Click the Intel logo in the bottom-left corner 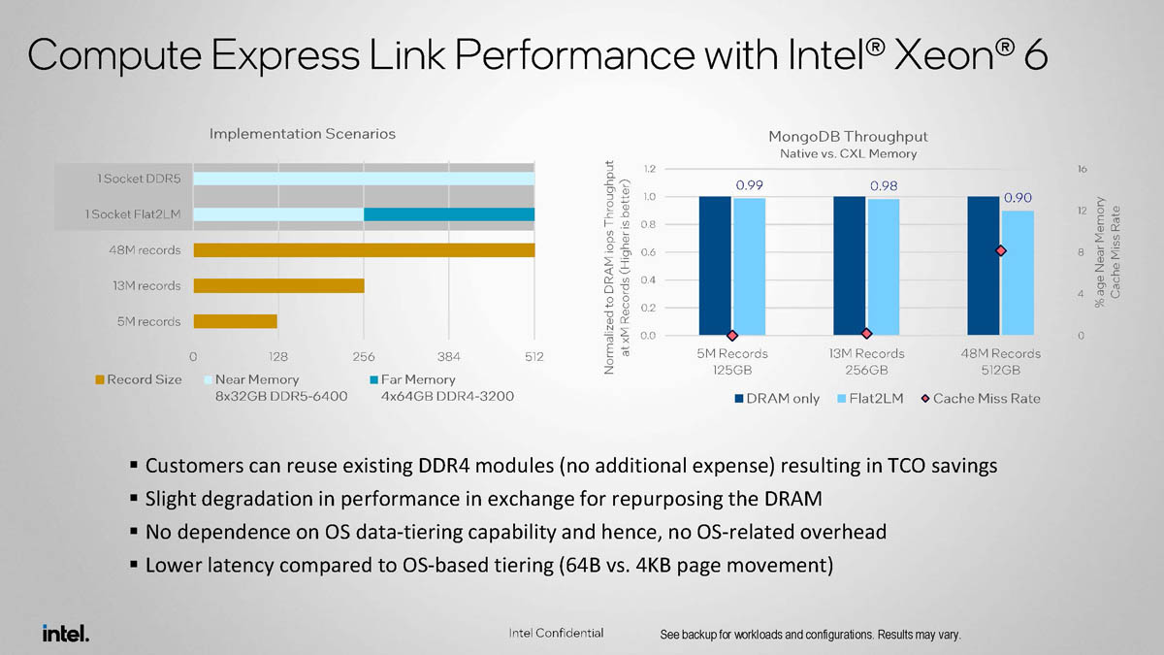click(65, 634)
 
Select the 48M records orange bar click(364, 250)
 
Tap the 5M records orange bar click(236, 321)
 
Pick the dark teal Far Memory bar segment click(449, 214)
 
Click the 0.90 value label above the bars click(1018, 198)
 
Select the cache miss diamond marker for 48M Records click(1001, 251)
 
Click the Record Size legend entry click(138, 379)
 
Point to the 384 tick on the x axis click(449, 357)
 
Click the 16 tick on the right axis click(1083, 169)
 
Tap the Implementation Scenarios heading click(304, 133)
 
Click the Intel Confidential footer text click(556, 634)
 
